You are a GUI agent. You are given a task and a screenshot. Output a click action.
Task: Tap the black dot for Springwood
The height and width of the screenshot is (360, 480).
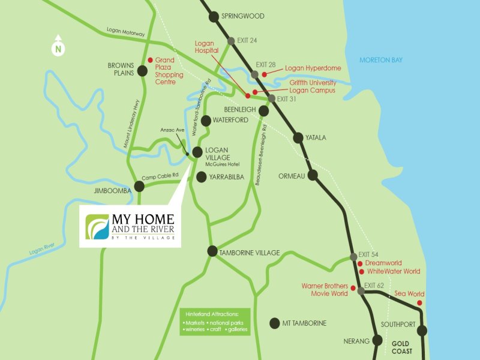[x=214, y=17]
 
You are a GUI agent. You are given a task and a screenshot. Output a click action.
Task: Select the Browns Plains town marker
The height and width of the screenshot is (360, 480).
[x=142, y=71]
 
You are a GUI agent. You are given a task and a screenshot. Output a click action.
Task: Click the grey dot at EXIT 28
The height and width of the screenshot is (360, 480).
[x=255, y=74]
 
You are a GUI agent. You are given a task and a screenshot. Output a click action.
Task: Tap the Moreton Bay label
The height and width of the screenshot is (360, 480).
[x=380, y=60]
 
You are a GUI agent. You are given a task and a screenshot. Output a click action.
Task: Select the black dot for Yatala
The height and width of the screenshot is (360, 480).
[x=298, y=138]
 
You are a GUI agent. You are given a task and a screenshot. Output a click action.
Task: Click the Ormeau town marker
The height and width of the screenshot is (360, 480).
[x=313, y=176]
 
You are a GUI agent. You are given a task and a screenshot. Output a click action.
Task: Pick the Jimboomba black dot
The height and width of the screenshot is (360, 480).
[x=139, y=187]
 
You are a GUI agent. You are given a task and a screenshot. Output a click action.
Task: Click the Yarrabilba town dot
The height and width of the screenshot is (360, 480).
[x=202, y=177]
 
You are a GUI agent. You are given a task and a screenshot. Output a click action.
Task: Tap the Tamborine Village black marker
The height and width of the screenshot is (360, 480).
[x=212, y=251]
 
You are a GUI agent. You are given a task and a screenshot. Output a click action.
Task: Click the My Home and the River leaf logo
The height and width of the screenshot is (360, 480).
[x=95, y=226]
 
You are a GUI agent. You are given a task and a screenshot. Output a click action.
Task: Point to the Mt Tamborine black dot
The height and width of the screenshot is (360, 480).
[x=275, y=323]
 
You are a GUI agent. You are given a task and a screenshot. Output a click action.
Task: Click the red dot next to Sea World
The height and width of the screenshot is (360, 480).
[x=419, y=303]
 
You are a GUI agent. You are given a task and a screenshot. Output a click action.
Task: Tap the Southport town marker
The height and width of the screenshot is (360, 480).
[x=422, y=331]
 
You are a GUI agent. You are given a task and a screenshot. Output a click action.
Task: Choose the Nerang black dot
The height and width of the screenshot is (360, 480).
[x=377, y=340]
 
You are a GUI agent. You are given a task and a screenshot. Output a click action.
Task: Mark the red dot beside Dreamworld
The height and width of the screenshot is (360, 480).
[x=360, y=263]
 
